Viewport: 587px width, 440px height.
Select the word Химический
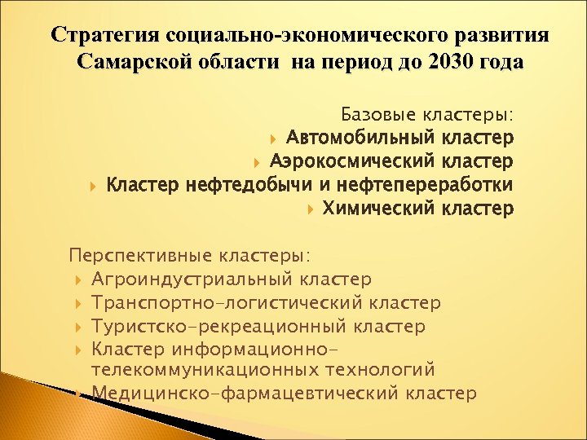tap(379, 209)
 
